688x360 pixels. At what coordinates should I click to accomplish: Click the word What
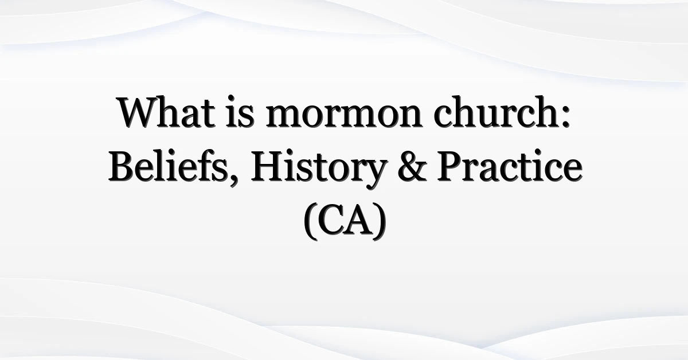(x=166, y=112)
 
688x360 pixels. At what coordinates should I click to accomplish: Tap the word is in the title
(x=240, y=112)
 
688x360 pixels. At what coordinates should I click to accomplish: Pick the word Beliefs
(x=168, y=166)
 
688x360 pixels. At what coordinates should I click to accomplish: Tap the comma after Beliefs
(x=233, y=179)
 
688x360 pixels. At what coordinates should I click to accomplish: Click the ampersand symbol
(x=412, y=167)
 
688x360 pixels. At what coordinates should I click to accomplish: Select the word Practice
(x=510, y=166)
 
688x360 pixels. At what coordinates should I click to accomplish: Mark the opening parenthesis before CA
(x=311, y=221)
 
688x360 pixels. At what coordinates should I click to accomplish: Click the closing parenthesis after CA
(x=380, y=221)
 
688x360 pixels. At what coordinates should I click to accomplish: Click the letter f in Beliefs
(x=201, y=166)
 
